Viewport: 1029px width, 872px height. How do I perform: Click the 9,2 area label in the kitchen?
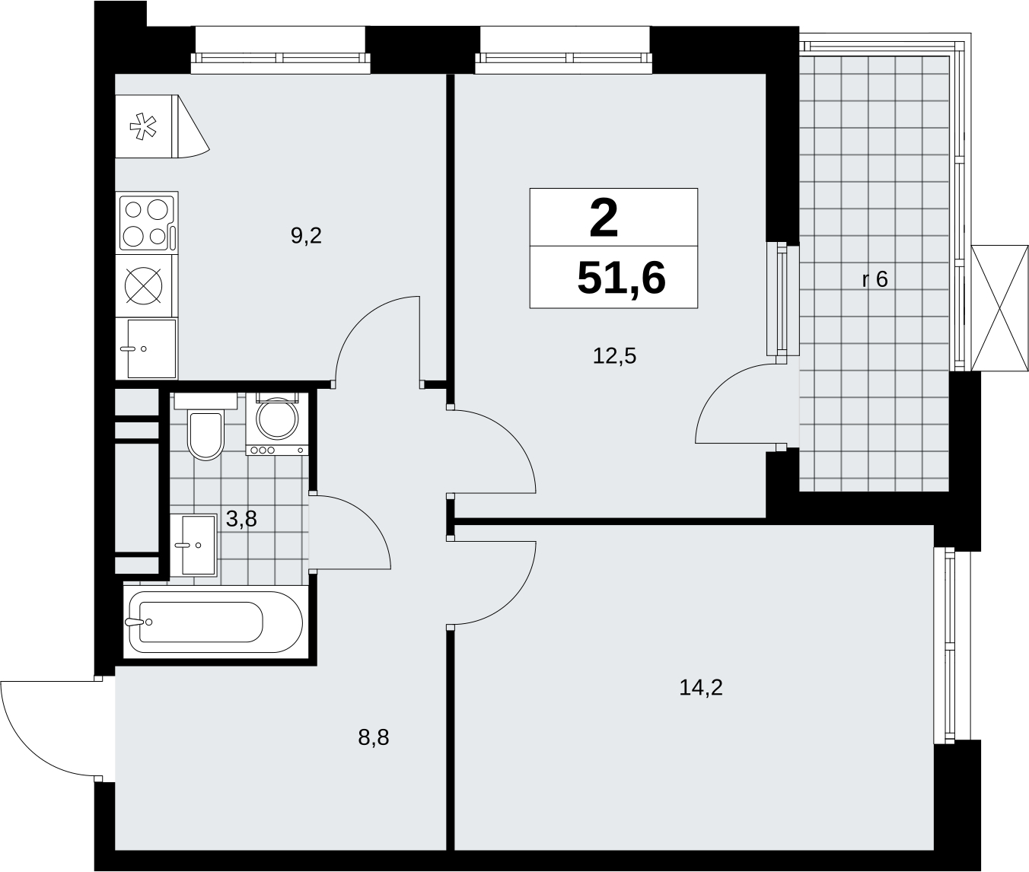[x=306, y=236]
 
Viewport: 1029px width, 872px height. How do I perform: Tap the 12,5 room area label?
[x=614, y=356]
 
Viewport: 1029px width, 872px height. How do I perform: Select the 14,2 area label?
[x=701, y=687]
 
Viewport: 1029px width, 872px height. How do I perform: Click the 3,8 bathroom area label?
[x=241, y=519]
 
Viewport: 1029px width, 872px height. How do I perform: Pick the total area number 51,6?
[x=621, y=278]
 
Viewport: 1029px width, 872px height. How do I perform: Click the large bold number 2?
[x=604, y=218]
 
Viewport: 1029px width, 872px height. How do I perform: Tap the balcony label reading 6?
[x=881, y=280]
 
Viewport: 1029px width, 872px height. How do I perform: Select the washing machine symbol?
[x=277, y=424]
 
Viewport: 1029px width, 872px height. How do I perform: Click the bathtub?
[x=215, y=622]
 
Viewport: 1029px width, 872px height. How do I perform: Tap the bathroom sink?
[x=193, y=545]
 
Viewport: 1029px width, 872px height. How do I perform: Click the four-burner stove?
[x=148, y=223]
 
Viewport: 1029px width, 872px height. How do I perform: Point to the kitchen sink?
[x=146, y=349]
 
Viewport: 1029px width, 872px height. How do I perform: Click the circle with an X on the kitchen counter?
[x=143, y=285]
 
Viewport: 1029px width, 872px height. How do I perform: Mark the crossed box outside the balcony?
[x=999, y=307]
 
